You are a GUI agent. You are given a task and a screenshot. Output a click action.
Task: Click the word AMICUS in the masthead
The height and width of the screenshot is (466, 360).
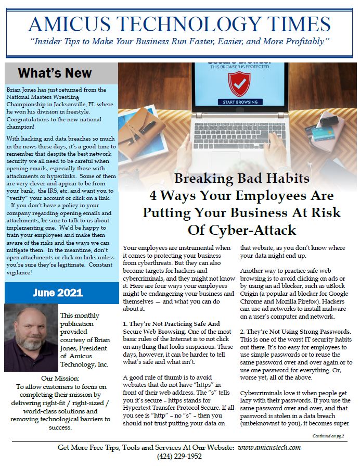pos(70,24)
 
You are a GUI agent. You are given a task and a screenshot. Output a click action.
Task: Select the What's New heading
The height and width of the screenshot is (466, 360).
pos(55,73)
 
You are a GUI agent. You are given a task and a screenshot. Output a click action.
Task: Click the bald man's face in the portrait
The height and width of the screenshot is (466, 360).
pos(30,338)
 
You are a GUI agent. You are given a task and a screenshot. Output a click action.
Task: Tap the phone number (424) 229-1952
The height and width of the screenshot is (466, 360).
pos(179,457)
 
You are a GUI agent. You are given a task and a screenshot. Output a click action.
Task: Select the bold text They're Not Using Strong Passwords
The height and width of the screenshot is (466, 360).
pos(297,332)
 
